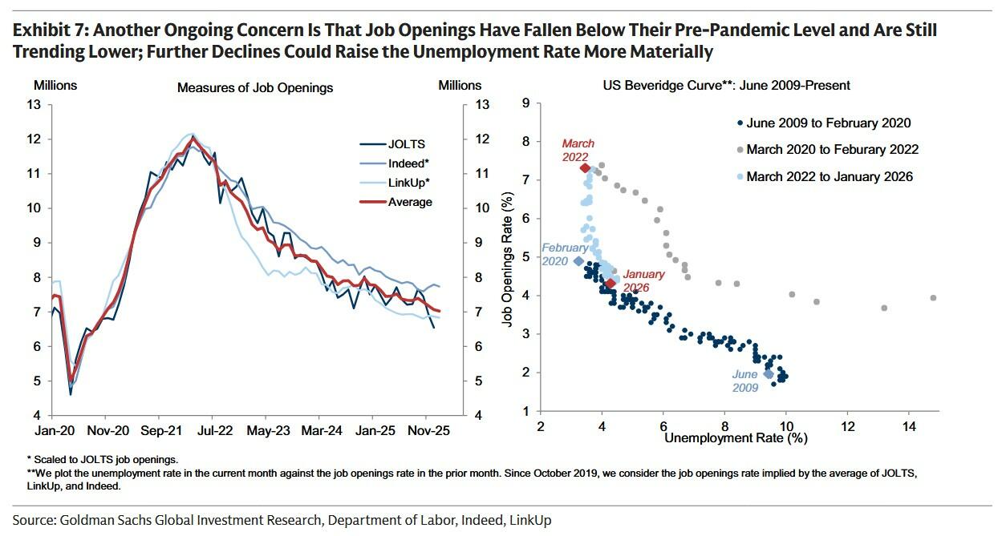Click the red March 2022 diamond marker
585,168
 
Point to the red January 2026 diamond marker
611,284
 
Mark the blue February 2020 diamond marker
578,261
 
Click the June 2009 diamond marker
768,373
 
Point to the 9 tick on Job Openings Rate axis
525,103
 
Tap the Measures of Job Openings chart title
255,87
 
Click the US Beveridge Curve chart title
727,85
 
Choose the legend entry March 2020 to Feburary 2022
832,149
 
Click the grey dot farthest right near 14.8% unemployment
934,298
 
